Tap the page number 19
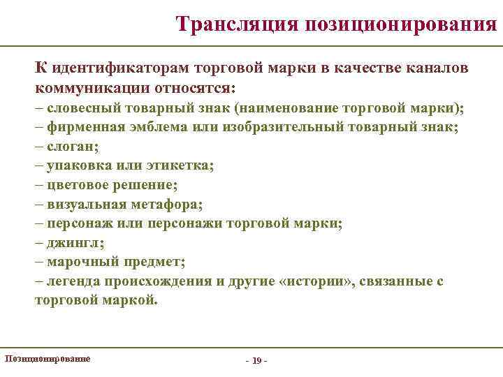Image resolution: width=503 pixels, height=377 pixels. click(x=257, y=360)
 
